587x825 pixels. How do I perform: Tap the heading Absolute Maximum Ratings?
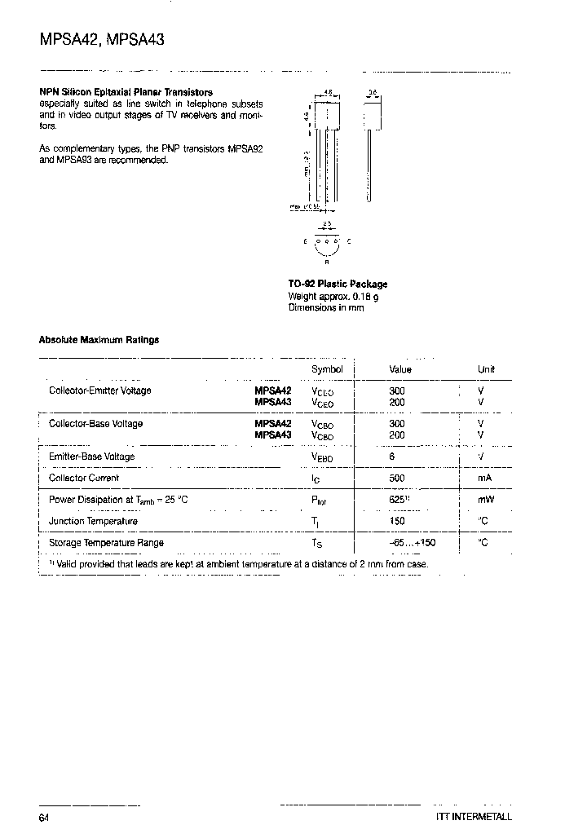pyautogui.click(x=99, y=340)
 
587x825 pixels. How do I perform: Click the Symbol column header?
pyautogui.click(x=328, y=369)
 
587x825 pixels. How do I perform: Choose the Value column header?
pyautogui.click(x=400, y=369)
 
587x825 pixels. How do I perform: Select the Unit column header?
pyautogui.click(x=486, y=369)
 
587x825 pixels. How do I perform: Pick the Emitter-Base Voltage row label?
pyautogui.click(x=91, y=457)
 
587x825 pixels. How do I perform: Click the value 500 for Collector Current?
pyautogui.click(x=397, y=479)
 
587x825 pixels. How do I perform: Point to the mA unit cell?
pyautogui.click(x=484, y=479)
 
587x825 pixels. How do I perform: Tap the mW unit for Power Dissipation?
pyautogui.click(x=486, y=500)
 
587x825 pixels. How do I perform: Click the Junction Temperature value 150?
pyautogui.click(x=397, y=521)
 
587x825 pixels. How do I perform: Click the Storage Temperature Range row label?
pyautogui.click(x=106, y=542)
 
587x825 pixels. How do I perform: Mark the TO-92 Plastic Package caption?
pyautogui.click(x=338, y=284)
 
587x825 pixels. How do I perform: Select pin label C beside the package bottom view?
pyautogui.click(x=349, y=241)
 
